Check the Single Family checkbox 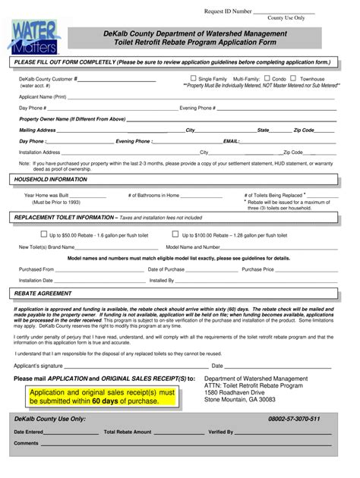[x=193, y=78]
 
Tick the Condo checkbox [x=267, y=78]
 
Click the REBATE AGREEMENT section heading [x=44, y=292]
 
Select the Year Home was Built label [x=52, y=195]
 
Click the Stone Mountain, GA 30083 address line [x=240, y=399]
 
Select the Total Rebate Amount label [x=128, y=432]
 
